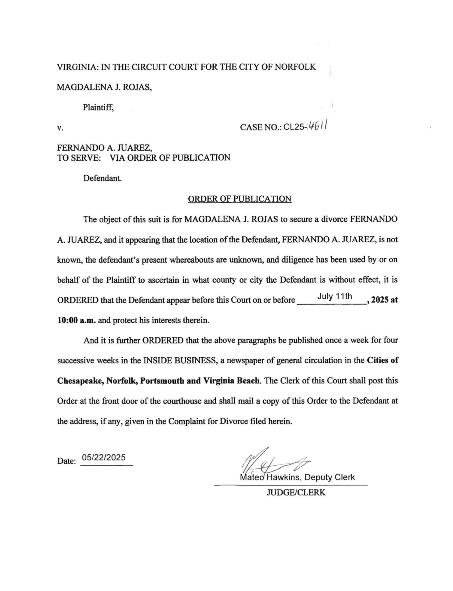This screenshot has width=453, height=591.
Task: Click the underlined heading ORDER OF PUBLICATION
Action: click(x=239, y=199)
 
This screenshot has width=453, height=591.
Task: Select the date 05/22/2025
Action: click(x=104, y=457)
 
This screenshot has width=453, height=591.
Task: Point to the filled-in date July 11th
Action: click(x=335, y=296)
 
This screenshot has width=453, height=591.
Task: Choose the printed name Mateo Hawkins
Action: click(x=270, y=477)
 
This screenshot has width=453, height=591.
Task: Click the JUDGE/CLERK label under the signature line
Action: click(x=296, y=493)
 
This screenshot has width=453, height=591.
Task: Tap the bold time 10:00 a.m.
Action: click(x=77, y=321)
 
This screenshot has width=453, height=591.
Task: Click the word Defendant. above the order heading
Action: click(x=103, y=178)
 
